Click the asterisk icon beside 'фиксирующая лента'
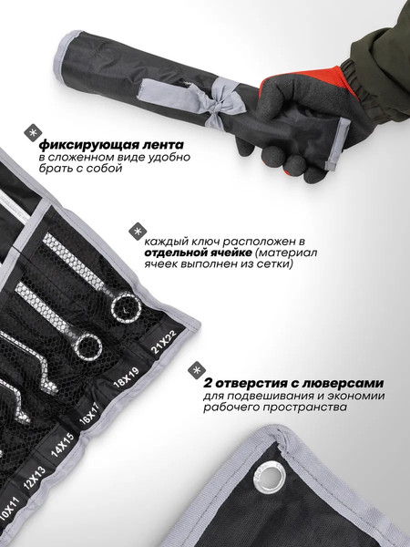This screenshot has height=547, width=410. (32, 132)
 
